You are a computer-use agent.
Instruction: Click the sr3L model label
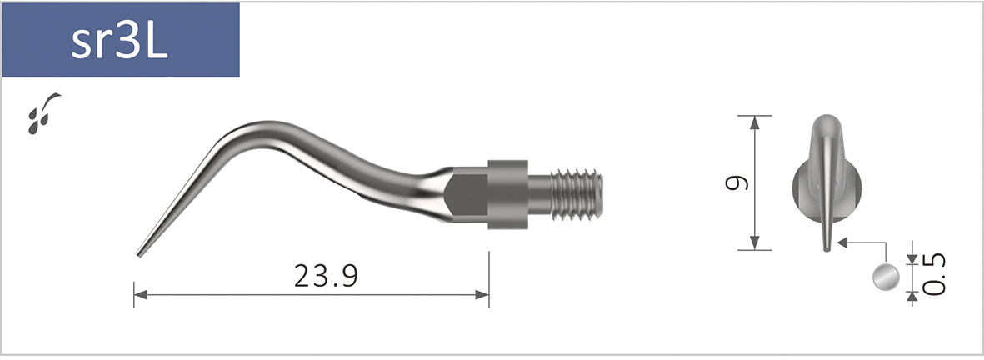point(120,42)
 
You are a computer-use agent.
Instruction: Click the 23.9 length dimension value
point(326,275)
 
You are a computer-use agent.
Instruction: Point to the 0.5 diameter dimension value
point(936,276)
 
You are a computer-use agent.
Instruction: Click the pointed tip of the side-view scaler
point(139,253)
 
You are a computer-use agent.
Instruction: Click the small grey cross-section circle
point(886,277)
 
